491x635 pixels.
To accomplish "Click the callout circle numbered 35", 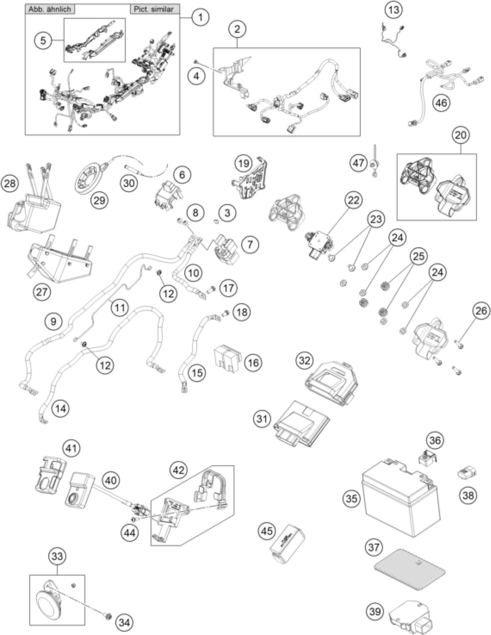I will [351, 499].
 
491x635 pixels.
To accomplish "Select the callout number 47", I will [358, 163].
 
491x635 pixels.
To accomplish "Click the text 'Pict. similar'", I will [154, 9].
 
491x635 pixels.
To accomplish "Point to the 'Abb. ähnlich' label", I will [50, 9].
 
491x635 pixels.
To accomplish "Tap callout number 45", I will [267, 531].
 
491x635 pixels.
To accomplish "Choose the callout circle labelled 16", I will [253, 363].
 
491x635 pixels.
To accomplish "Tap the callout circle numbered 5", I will [43, 40].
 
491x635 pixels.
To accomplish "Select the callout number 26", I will [481, 311].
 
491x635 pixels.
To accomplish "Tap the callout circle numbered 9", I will [53, 321].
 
